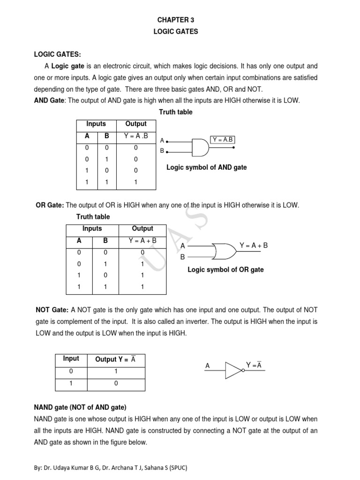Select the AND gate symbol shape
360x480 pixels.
click(x=200, y=147)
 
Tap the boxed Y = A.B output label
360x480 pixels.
click(x=223, y=140)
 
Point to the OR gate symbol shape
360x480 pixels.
click(x=224, y=251)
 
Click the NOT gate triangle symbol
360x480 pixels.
click(x=234, y=370)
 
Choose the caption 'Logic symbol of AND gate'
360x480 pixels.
click(x=207, y=167)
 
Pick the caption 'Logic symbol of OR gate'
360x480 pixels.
click(x=225, y=270)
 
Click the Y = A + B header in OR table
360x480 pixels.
click(x=142, y=240)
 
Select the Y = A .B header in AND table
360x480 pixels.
click(x=135, y=136)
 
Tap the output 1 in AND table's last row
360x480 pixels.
click(x=135, y=182)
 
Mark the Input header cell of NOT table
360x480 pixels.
click(x=71, y=359)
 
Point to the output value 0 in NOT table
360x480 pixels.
click(x=115, y=383)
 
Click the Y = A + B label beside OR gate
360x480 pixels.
click(x=254, y=245)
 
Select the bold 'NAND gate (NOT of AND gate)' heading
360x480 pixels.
click(x=80, y=407)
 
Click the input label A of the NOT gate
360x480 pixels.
click(x=207, y=366)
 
